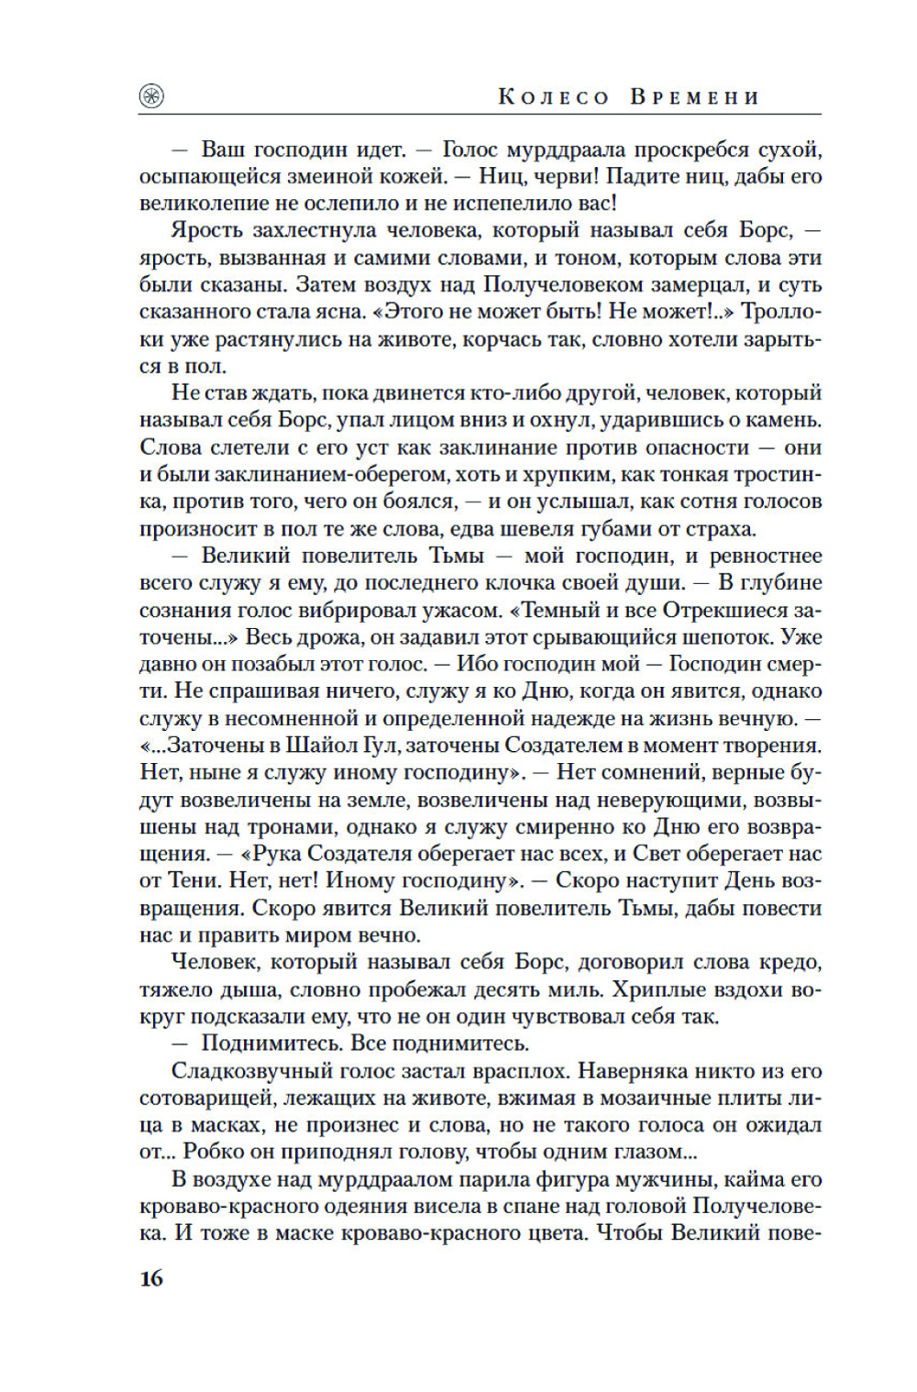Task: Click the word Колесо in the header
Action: pyautogui.click(x=553, y=97)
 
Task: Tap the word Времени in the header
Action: pyautogui.click(x=695, y=97)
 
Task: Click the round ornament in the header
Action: pyautogui.click(x=151, y=96)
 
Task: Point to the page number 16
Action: pyautogui.click(x=151, y=1277)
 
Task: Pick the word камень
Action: pyautogui.click(x=781, y=420)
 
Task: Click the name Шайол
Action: pyautogui.click(x=331, y=746)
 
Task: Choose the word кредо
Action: pyautogui.click(x=790, y=963)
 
